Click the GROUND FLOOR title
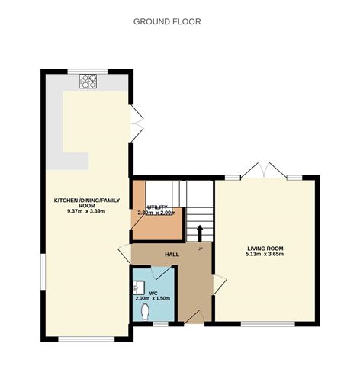[167, 21]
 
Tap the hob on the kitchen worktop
[88, 82]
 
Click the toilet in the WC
[145, 312]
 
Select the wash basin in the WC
[139, 287]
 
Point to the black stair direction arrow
[200, 233]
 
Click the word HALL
[172, 255]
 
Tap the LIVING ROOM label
[265, 249]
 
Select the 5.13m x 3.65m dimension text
[265, 254]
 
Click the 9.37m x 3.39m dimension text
[86, 211]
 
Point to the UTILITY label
[156, 207]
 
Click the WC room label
[153, 294]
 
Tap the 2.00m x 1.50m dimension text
[153, 298]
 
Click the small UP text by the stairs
[200, 249]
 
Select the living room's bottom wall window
[268, 324]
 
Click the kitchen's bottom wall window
[86, 339]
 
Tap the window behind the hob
[88, 72]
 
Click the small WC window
[161, 324]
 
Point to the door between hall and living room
[219, 285]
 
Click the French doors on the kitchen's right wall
[136, 124]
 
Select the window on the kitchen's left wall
[43, 272]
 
